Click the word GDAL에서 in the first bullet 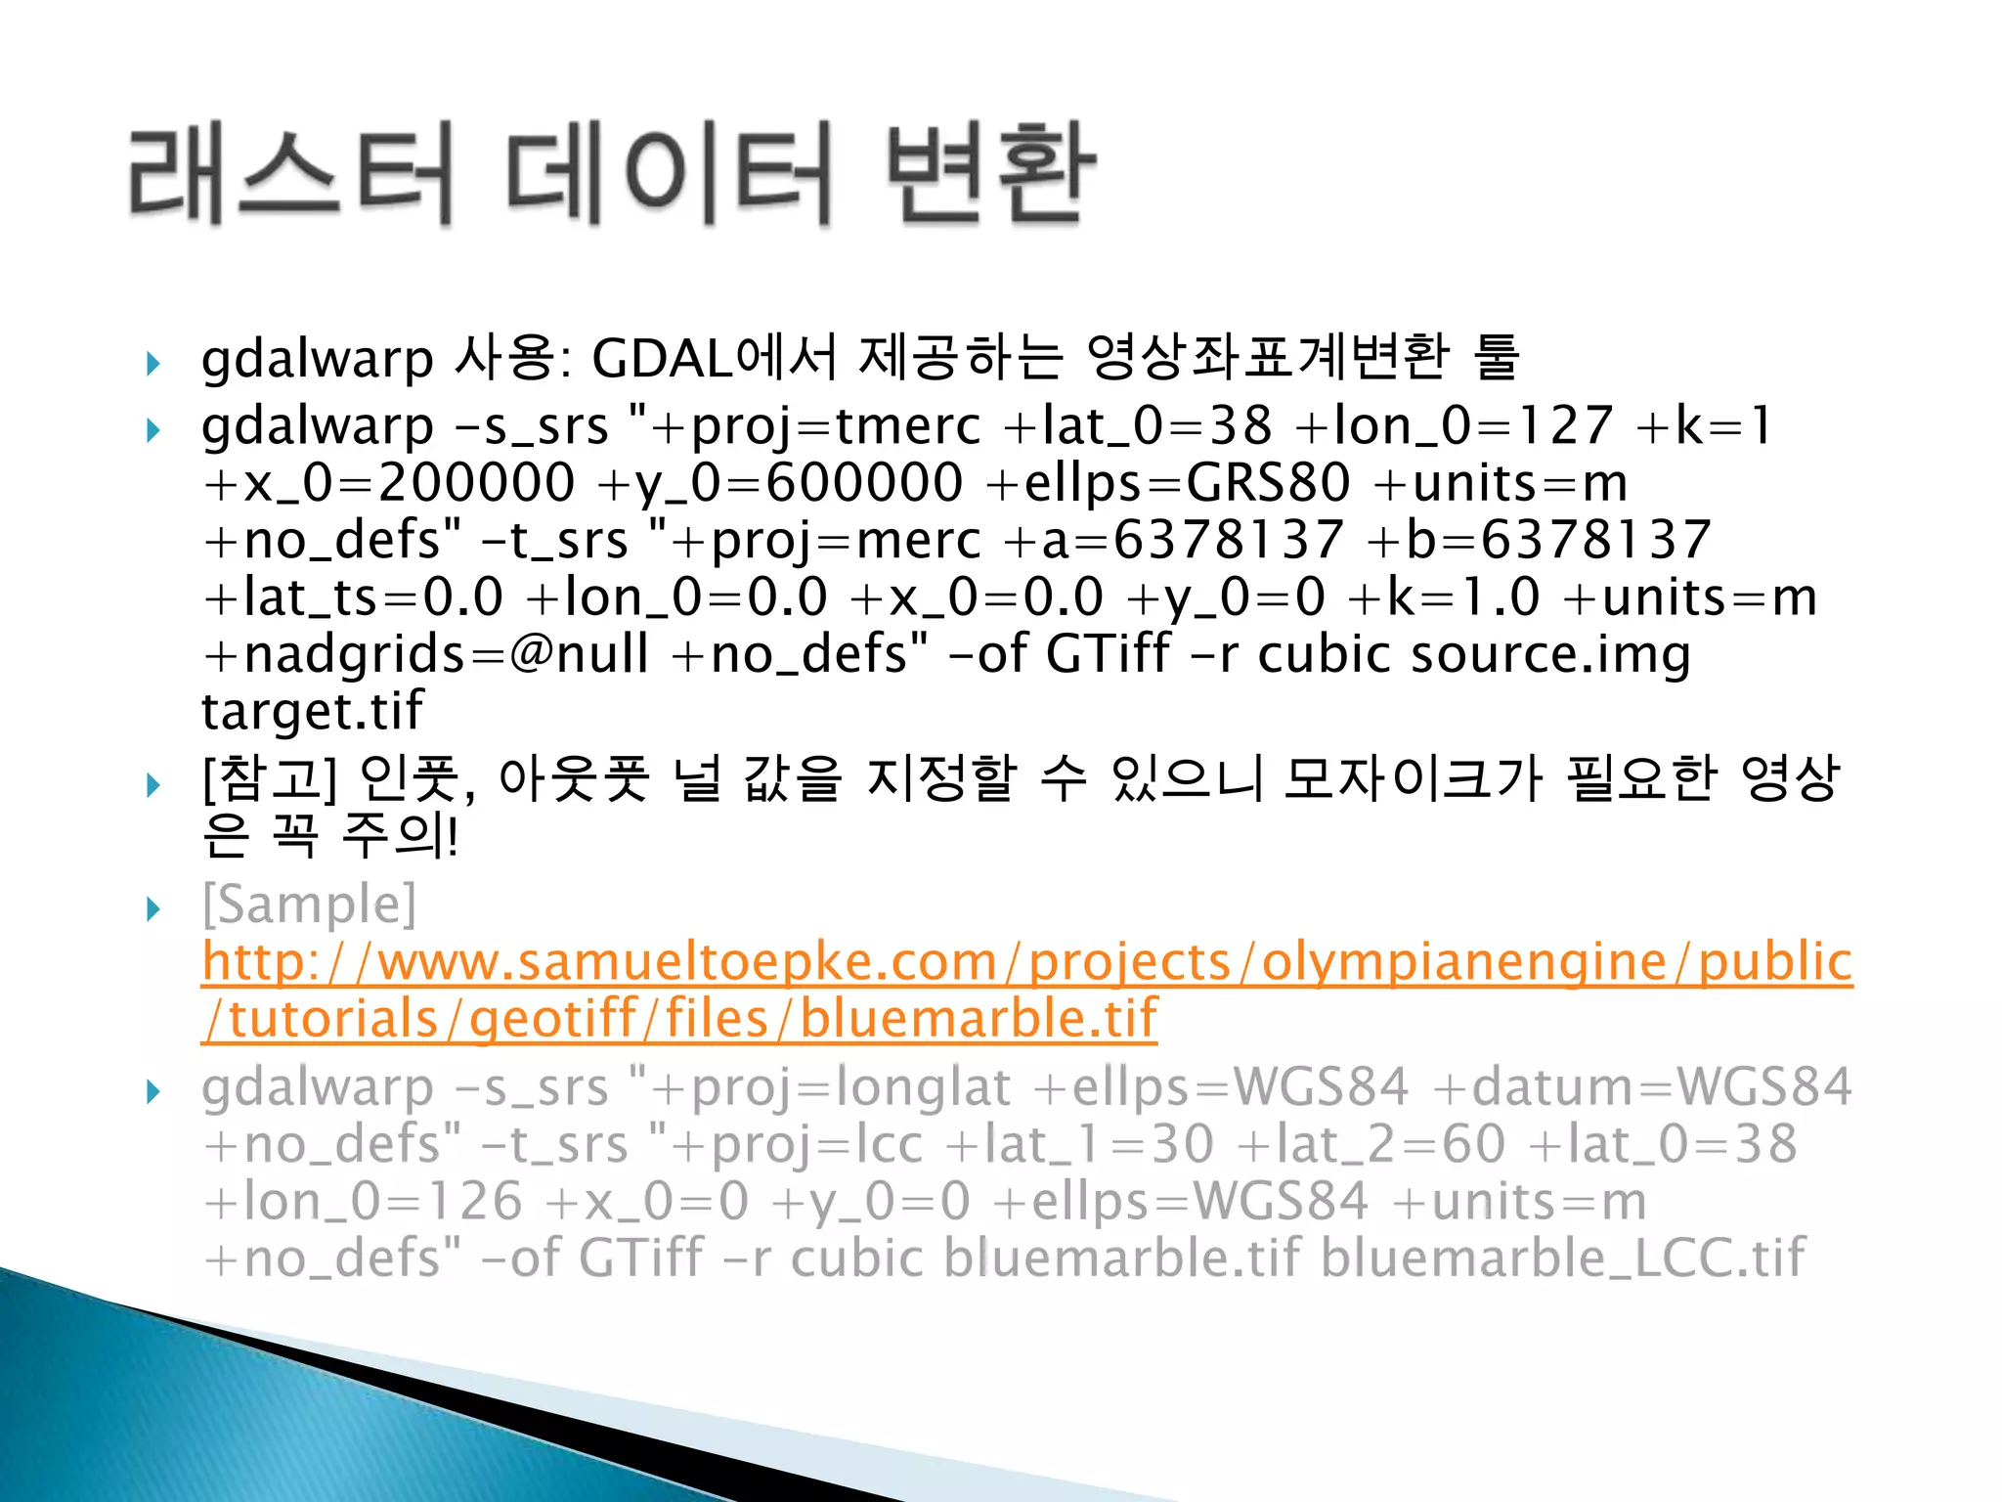point(715,357)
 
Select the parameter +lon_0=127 point(1453,425)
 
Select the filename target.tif point(312,711)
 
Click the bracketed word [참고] point(269,779)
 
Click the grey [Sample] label point(309,905)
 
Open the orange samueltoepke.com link point(1026,962)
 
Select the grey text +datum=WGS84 point(1642,1087)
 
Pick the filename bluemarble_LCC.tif point(1563,1259)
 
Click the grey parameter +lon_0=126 point(363,1202)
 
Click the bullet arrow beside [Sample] point(153,909)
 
